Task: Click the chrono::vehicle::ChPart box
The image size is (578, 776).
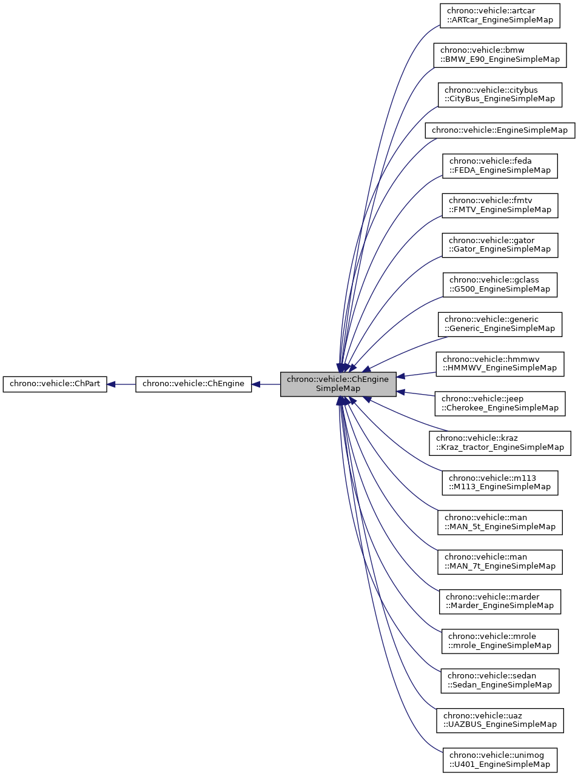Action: click(x=55, y=384)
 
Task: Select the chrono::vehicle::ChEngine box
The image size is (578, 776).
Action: click(x=193, y=384)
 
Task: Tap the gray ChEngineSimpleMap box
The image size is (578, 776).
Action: click(x=338, y=384)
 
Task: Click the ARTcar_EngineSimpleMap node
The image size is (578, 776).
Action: click(x=500, y=16)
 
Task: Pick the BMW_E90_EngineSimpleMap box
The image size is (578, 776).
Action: click(x=500, y=55)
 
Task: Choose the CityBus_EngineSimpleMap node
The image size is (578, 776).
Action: click(x=500, y=95)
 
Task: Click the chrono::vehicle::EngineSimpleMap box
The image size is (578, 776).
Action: click(x=500, y=130)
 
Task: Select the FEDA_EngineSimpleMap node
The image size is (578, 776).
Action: click(x=500, y=166)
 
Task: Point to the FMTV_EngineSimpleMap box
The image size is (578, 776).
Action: click(x=500, y=206)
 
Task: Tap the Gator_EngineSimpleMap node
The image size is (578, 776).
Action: click(x=500, y=245)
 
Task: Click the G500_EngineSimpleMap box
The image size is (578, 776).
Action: click(x=500, y=285)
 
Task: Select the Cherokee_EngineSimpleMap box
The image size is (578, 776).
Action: click(x=500, y=404)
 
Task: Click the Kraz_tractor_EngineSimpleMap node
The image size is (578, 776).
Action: click(x=500, y=443)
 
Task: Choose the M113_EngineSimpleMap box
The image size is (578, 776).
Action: click(x=500, y=483)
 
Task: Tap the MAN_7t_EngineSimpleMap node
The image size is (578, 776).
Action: click(x=500, y=562)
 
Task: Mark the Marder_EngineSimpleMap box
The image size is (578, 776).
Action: click(x=500, y=601)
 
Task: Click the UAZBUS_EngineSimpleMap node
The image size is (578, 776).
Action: click(x=500, y=720)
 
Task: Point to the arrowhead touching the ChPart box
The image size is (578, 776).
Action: click(x=112, y=384)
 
